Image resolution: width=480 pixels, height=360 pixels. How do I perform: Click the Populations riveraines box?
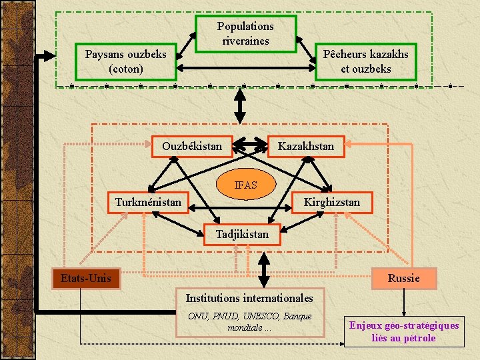(x=245, y=34)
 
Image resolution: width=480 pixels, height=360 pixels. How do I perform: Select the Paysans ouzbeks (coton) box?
(x=125, y=62)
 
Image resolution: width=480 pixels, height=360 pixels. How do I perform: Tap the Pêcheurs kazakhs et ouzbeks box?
(x=365, y=62)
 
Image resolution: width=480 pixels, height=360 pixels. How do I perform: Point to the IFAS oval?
(x=245, y=185)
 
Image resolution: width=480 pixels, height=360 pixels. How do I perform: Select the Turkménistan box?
(x=148, y=202)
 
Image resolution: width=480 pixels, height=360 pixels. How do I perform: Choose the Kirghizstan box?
(x=331, y=202)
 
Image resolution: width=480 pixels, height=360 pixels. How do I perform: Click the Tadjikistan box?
(x=242, y=234)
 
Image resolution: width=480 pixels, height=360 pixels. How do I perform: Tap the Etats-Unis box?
(x=86, y=278)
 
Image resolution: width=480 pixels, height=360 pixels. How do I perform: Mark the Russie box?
(x=403, y=278)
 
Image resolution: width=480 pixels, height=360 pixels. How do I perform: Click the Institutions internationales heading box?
(x=249, y=298)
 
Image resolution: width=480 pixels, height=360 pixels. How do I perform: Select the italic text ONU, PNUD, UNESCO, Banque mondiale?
(x=249, y=321)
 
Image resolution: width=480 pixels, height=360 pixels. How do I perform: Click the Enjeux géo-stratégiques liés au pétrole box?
(x=404, y=331)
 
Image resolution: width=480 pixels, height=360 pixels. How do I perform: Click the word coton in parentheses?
(x=125, y=69)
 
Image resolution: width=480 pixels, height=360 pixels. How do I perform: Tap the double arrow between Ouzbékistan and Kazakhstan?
(x=251, y=144)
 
